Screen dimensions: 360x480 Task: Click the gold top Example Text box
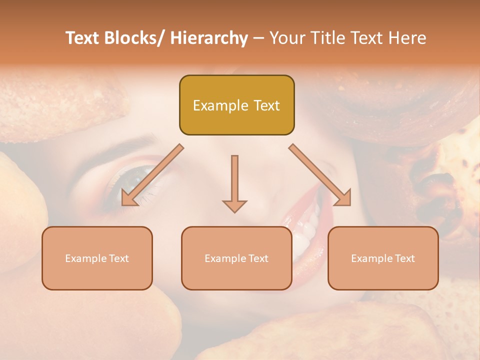pos(236,105)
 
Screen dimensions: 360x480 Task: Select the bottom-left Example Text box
pos(97,258)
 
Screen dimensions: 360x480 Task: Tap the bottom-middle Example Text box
pos(236,258)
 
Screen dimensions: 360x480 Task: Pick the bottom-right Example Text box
pos(383,258)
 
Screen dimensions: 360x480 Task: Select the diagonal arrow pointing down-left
pos(152,175)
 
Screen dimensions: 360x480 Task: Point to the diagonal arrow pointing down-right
pos(320,175)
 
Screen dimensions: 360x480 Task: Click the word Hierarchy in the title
pos(209,38)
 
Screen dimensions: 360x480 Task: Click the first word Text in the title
pos(83,38)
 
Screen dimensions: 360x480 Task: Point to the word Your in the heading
pos(286,38)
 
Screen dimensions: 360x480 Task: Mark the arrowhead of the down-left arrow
pos(129,198)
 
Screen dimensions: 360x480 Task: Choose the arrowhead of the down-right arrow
pos(343,198)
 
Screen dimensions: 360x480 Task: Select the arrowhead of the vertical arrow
pos(234,205)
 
